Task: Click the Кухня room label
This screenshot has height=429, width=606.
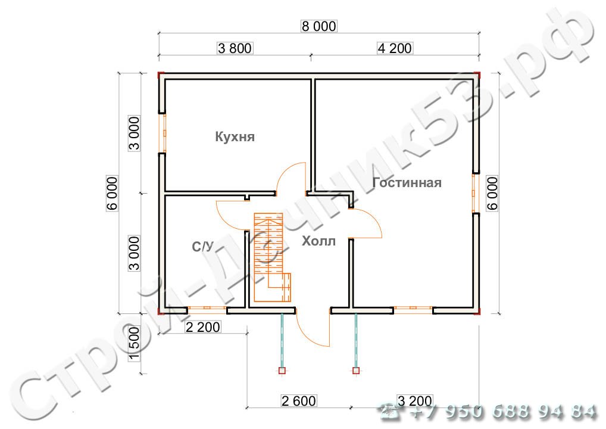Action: click(x=235, y=137)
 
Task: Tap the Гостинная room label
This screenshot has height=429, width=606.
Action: click(x=407, y=182)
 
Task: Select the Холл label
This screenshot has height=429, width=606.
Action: click(x=318, y=241)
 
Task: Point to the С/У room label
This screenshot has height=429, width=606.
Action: click(x=202, y=247)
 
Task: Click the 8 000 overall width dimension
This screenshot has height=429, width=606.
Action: click(x=319, y=26)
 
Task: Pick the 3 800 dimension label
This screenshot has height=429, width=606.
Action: click(x=235, y=48)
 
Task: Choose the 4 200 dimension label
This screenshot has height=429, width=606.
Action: click(x=395, y=48)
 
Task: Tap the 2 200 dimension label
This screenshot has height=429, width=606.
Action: click(x=203, y=327)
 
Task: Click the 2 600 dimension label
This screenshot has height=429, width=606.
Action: click(x=299, y=401)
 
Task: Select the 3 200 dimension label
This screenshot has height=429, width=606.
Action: click(x=415, y=401)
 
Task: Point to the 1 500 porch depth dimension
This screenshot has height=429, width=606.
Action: click(x=134, y=343)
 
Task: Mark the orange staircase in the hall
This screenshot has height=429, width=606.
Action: click(x=272, y=257)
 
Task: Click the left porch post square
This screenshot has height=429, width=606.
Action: click(x=282, y=371)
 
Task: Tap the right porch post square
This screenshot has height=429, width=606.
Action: click(x=356, y=371)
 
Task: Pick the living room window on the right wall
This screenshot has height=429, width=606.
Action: click(x=475, y=193)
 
